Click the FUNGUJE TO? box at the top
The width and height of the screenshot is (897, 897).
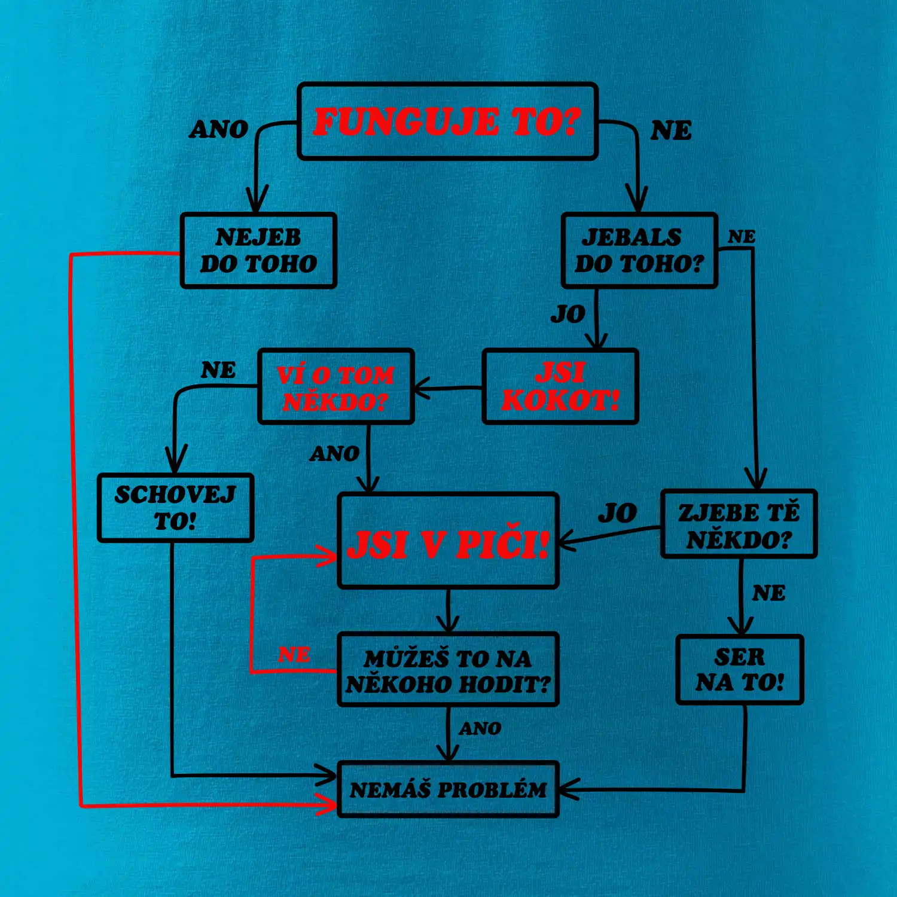[x=447, y=121]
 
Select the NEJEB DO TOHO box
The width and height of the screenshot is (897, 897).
[x=258, y=251]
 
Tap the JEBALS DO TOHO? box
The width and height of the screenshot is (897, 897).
[x=639, y=251]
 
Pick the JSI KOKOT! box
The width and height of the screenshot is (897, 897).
[x=560, y=387]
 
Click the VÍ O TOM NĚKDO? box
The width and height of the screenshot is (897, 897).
[x=336, y=387]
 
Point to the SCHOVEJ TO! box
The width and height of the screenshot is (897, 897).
[x=175, y=508]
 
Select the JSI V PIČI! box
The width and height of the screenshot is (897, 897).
[x=448, y=541]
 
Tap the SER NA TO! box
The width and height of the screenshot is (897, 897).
[x=740, y=670]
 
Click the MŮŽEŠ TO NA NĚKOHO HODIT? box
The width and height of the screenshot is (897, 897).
[x=448, y=670]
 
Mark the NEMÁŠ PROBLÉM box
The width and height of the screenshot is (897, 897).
[x=448, y=789]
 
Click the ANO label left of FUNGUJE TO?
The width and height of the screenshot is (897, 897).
[x=219, y=129]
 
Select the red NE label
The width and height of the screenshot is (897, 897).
[x=294, y=655]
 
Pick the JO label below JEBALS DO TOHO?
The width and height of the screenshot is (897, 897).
[x=568, y=314]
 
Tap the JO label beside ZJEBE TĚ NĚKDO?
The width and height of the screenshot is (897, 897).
[x=618, y=513]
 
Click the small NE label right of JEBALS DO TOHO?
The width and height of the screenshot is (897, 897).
[x=742, y=237]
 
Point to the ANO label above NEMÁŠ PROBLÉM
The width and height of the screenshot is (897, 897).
[x=480, y=728]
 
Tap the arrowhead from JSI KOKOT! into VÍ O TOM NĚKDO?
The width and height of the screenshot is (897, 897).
[x=421, y=389]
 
